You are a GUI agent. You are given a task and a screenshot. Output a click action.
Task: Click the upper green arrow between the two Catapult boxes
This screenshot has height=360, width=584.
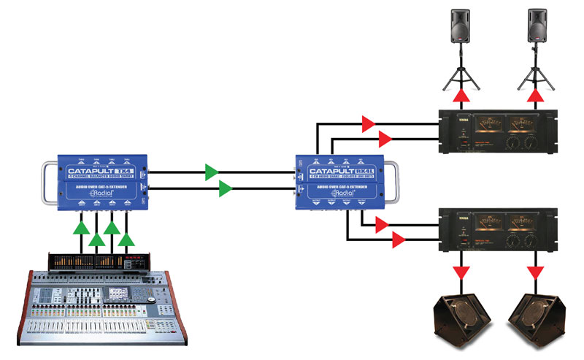212,172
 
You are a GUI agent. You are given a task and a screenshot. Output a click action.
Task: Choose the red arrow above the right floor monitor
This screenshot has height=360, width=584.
537,272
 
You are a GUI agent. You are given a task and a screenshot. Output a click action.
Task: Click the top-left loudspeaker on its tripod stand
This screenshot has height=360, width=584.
460,28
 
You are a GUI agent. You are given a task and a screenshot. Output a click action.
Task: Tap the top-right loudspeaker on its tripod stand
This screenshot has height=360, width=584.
537,28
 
